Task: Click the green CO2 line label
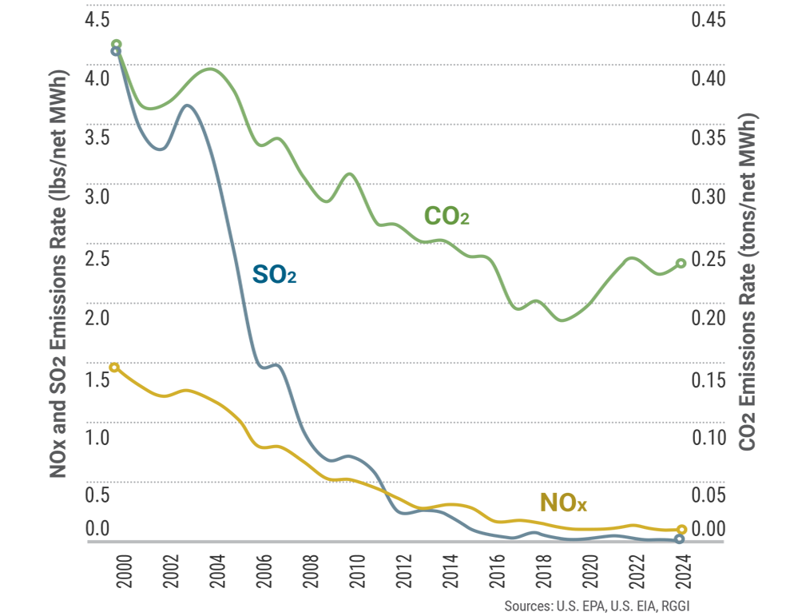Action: click(446, 217)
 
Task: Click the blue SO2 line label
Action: click(274, 275)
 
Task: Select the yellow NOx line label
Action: click(563, 503)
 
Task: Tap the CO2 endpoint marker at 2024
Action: click(681, 264)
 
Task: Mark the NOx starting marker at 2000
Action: click(114, 368)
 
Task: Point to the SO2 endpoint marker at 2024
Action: click(679, 539)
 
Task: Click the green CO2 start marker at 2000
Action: click(116, 45)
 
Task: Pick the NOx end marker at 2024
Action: click(681, 529)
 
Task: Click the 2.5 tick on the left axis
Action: click(96, 258)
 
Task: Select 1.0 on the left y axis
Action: click(96, 437)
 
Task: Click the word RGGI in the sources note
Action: click(672, 606)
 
